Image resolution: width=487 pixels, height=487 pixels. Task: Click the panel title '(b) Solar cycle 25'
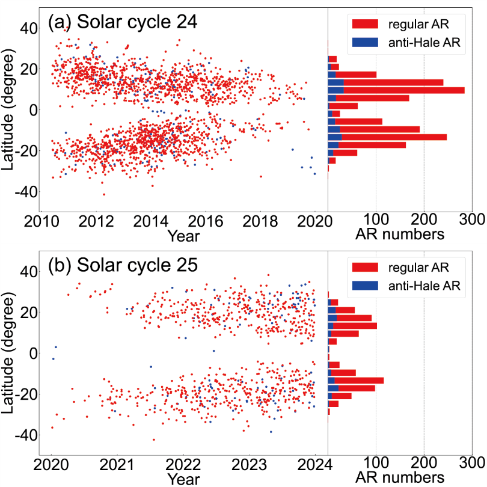coord(123,266)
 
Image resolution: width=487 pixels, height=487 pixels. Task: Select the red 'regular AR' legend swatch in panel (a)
coord(363,23)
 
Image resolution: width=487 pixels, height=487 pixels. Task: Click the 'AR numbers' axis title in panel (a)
coord(400,233)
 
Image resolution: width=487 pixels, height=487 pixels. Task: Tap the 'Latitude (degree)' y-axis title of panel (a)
coord(10,109)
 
